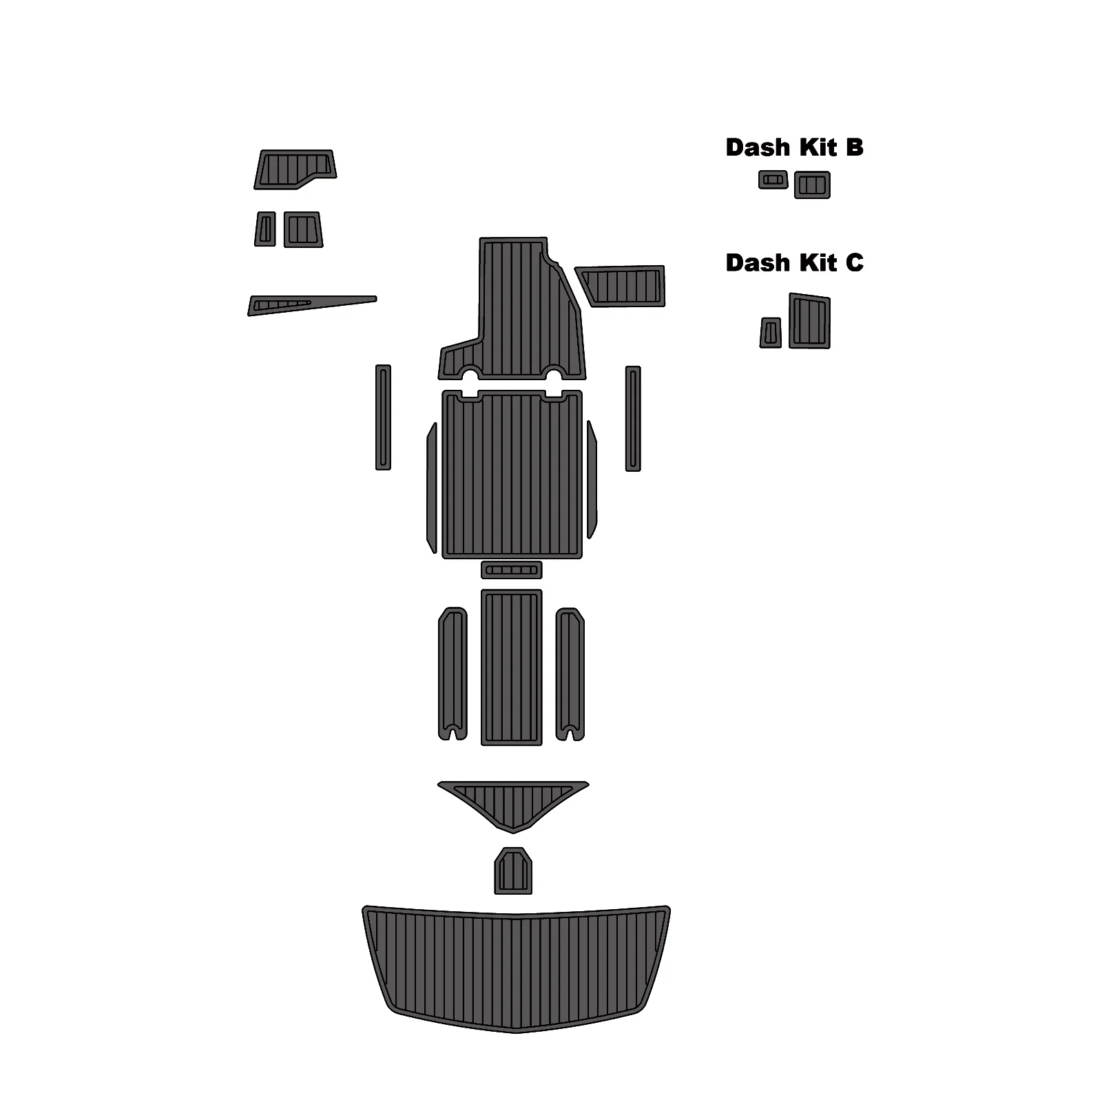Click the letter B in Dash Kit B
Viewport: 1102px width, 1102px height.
click(x=854, y=147)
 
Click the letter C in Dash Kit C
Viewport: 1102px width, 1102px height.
click(x=854, y=263)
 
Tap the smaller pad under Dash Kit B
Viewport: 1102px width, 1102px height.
click(x=773, y=180)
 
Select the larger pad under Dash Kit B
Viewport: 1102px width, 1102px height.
click(x=812, y=185)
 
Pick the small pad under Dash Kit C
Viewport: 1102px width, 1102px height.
click(x=771, y=333)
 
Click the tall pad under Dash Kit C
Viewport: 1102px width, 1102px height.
click(x=809, y=322)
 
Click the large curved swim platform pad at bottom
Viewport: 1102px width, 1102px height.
click(x=515, y=968)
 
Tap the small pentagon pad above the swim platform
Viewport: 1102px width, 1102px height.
click(x=513, y=872)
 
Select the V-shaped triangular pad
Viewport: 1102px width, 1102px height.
click(x=513, y=802)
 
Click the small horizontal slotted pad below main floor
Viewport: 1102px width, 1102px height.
click(x=511, y=570)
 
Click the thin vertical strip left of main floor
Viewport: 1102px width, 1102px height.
click(x=383, y=418)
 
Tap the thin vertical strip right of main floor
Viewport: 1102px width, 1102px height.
click(x=633, y=419)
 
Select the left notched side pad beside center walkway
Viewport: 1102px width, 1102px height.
click(x=453, y=672)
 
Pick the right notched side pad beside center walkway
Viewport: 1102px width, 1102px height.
click(x=570, y=672)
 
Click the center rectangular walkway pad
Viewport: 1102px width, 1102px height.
click(x=511, y=667)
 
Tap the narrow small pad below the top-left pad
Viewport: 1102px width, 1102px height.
click(x=265, y=229)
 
